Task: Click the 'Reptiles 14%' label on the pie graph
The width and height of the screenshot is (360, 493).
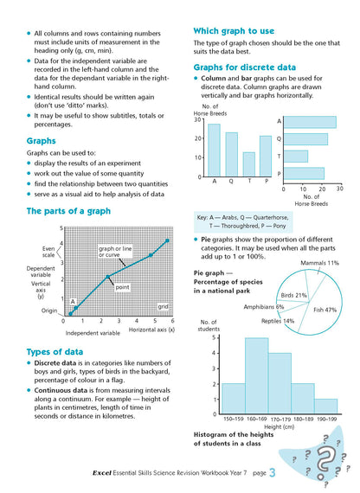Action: [276, 322]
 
